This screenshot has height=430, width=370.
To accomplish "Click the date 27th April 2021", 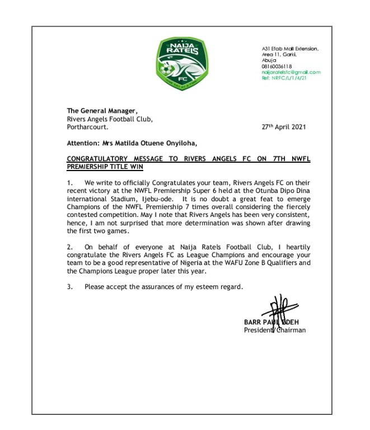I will tap(284, 127).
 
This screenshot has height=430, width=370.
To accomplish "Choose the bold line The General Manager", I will tap(93, 111).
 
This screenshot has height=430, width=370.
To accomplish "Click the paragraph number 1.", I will tap(69, 183).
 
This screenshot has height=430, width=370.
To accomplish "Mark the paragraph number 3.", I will tap(69, 287).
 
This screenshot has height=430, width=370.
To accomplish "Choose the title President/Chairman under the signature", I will tap(275, 330).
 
